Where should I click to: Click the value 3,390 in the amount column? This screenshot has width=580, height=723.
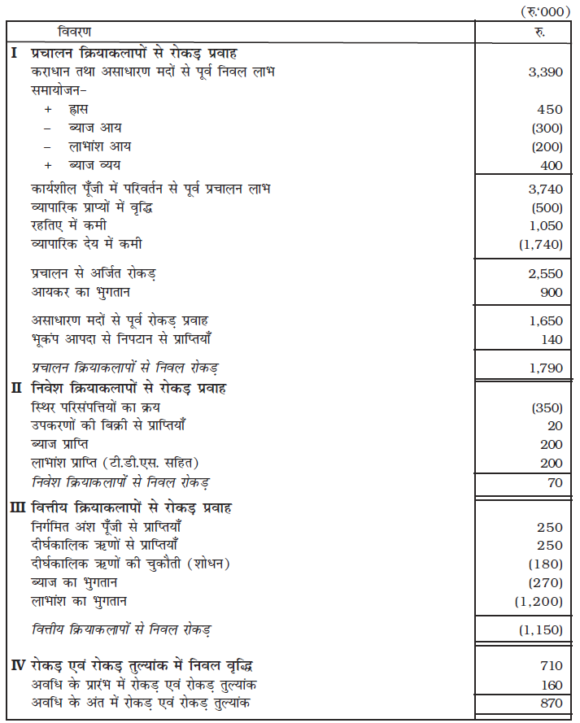pyautogui.click(x=545, y=72)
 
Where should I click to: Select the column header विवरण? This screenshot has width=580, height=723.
pyautogui.click(x=75, y=32)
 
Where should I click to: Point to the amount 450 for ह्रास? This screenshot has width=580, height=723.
pyautogui.click(x=550, y=110)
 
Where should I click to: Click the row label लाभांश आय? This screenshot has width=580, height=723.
pyautogui.click(x=100, y=147)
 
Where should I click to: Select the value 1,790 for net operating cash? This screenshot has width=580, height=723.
pyautogui.click(x=545, y=368)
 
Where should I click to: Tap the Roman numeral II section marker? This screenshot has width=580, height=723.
pyautogui.click(x=16, y=388)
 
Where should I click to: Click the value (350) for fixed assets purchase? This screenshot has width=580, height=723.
pyautogui.click(x=545, y=407)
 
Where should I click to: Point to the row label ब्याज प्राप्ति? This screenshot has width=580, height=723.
pyautogui.click(x=63, y=444)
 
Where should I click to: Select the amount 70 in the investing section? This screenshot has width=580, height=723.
pyautogui.click(x=555, y=481)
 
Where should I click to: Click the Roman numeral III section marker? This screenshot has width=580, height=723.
pyautogui.click(x=19, y=508)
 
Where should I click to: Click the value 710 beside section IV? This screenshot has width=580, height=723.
pyautogui.click(x=550, y=666)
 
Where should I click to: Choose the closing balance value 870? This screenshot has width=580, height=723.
pyautogui.click(x=550, y=703)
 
